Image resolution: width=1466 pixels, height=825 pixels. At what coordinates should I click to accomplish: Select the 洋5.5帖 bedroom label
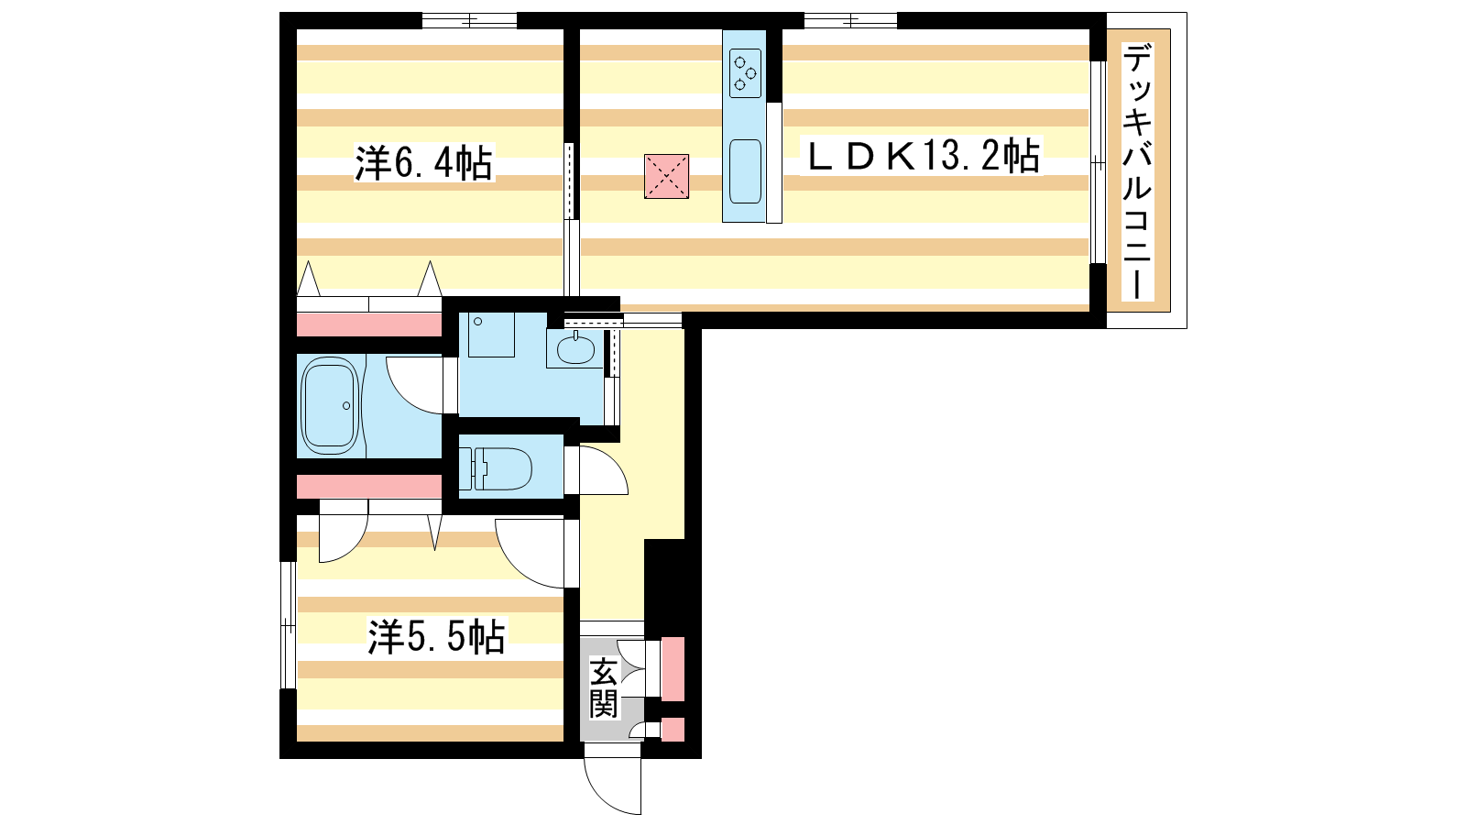point(436,636)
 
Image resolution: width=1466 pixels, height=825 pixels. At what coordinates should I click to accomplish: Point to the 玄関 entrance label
point(604,687)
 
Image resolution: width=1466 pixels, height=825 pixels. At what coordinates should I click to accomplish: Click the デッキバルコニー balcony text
point(1137,170)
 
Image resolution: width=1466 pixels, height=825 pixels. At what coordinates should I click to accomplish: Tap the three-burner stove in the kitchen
point(745,72)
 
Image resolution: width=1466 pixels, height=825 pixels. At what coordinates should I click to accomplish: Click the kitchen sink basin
point(745,171)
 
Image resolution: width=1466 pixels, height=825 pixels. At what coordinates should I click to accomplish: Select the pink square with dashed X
point(666,176)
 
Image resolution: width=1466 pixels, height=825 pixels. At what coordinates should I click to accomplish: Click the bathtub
point(331,405)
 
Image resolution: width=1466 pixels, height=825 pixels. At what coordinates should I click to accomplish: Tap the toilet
point(496,468)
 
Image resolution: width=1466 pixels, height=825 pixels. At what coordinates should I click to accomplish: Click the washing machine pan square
point(491,335)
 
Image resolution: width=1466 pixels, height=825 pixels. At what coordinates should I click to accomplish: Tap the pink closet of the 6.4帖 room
point(369,324)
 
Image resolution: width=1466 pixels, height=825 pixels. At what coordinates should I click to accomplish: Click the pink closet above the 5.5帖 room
point(369,487)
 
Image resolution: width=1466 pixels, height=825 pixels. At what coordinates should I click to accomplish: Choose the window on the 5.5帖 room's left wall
point(288,625)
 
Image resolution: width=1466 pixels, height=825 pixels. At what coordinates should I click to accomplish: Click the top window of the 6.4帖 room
point(469,21)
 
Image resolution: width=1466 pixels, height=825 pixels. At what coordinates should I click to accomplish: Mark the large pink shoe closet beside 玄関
point(673,668)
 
